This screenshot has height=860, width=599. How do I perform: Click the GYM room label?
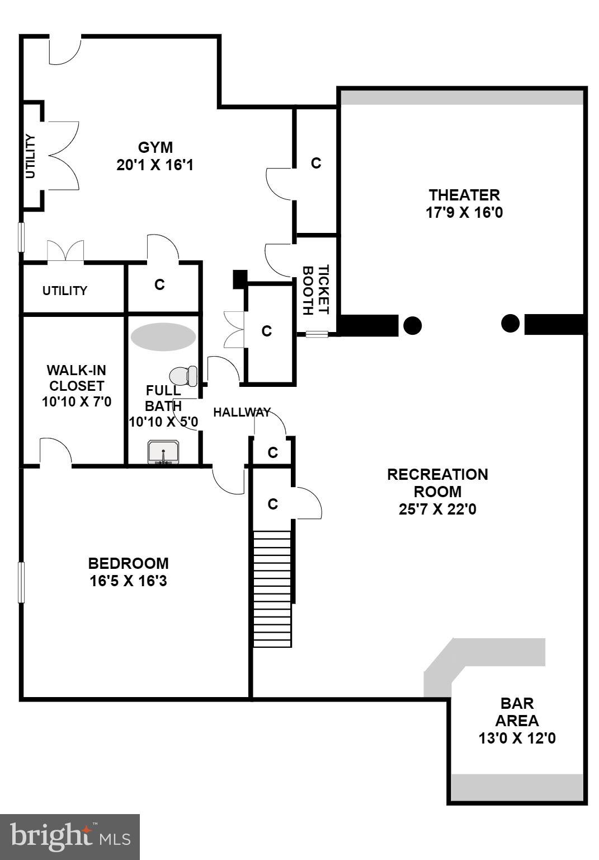coord(155,148)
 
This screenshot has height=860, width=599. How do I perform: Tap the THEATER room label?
coord(464,195)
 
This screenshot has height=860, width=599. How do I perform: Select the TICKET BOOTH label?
coord(315,289)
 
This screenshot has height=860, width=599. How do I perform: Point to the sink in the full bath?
coord(163,452)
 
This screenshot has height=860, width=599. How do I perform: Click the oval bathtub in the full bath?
coord(163,336)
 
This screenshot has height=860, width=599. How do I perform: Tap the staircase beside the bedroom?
coord(272,588)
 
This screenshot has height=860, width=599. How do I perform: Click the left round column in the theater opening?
coord(412,325)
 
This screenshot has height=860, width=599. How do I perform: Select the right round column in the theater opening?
coord(510,323)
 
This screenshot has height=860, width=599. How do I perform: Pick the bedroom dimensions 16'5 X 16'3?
coord(128,581)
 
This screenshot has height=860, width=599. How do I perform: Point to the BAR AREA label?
coord(517,712)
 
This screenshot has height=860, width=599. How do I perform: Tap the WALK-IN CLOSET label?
coord(76,378)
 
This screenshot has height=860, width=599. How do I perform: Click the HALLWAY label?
coord(242,413)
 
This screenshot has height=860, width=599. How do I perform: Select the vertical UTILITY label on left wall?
coord(30,156)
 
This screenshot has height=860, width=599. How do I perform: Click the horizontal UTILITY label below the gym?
coord(65,291)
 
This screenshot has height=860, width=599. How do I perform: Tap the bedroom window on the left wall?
coord(21,582)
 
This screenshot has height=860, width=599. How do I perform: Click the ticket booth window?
coord(317,334)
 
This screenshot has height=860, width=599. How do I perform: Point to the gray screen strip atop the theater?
coord(462,97)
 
